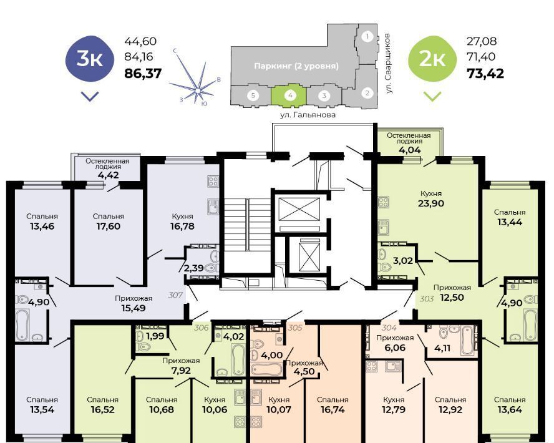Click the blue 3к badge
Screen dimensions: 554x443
tap(90, 59)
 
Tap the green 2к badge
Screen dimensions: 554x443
tap(432, 59)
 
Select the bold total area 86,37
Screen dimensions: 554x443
tap(143, 74)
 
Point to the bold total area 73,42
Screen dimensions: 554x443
tap(485, 74)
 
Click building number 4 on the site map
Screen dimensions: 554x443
tap(290, 95)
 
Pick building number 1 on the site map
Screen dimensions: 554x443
tap(367, 36)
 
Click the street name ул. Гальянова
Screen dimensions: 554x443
tap(308, 115)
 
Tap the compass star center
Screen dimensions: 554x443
tap(198, 91)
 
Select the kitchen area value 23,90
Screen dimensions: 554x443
tap(430, 203)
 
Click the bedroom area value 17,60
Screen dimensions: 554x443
tap(109, 226)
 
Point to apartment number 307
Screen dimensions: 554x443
tap(175, 295)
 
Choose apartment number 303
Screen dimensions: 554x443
tap(427, 298)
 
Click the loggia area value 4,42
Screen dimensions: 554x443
tap(108, 175)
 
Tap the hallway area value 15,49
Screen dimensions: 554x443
tap(134, 308)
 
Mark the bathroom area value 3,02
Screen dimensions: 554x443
tap(403, 261)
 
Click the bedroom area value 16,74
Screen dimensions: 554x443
tap(333, 410)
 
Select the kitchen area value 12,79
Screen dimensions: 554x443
tap(393, 410)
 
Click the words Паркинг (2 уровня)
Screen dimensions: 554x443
tap(296, 66)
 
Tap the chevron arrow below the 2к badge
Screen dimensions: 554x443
tap(432, 96)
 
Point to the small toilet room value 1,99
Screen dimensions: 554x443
tap(155, 336)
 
